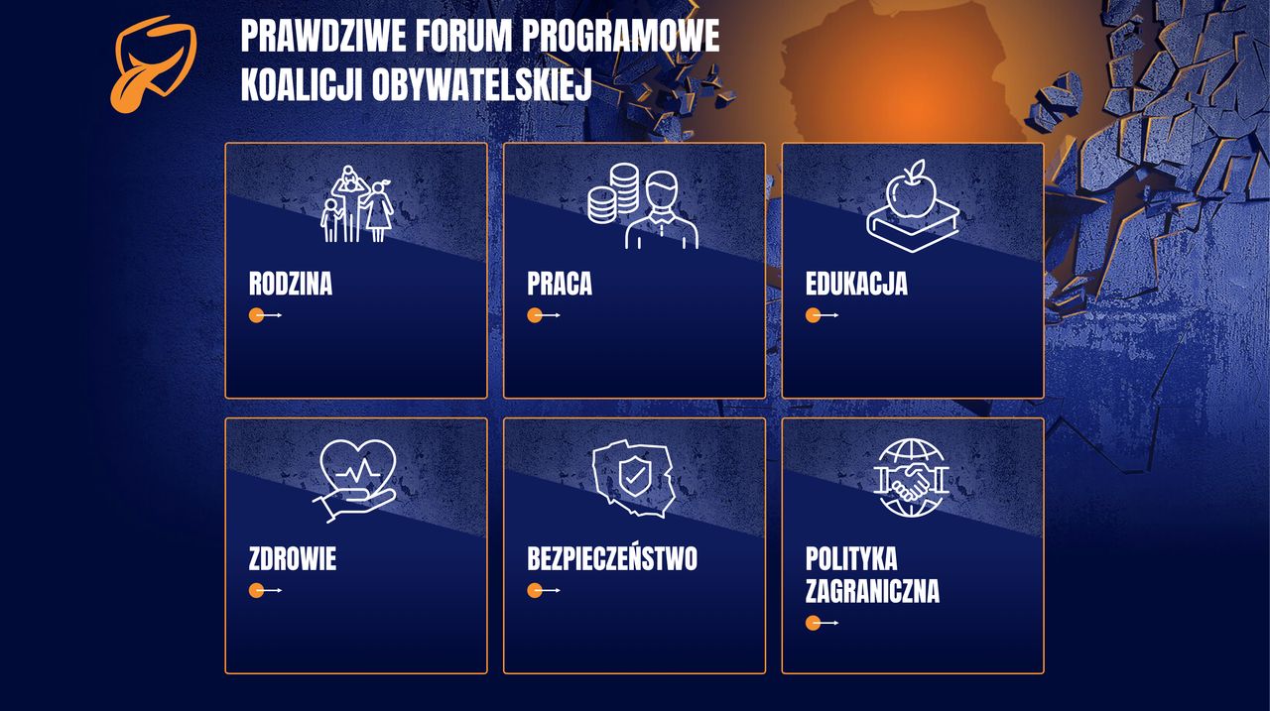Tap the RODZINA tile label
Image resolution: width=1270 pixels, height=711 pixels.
click(x=291, y=284)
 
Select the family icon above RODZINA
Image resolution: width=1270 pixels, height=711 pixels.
click(x=357, y=204)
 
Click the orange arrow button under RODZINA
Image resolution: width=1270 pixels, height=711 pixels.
click(x=258, y=315)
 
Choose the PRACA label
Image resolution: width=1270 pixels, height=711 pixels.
click(x=560, y=284)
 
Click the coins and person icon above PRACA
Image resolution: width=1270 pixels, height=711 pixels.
click(x=643, y=206)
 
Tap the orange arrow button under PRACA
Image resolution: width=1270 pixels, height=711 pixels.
click(x=536, y=315)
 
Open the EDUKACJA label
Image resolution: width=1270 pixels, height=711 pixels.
click(x=856, y=284)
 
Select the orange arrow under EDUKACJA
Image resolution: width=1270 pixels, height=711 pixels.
click(x=815, y=315)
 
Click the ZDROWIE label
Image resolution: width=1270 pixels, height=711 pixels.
click(x=293, y=559)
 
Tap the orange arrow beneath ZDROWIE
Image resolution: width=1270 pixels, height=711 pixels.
click(x=258, y=591)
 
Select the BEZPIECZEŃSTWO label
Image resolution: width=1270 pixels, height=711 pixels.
click(x=612, y=559)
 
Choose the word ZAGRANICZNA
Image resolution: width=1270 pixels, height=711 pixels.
click(x=872, y=592)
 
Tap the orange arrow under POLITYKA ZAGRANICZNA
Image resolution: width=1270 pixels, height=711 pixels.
click(x=815, y=623)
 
